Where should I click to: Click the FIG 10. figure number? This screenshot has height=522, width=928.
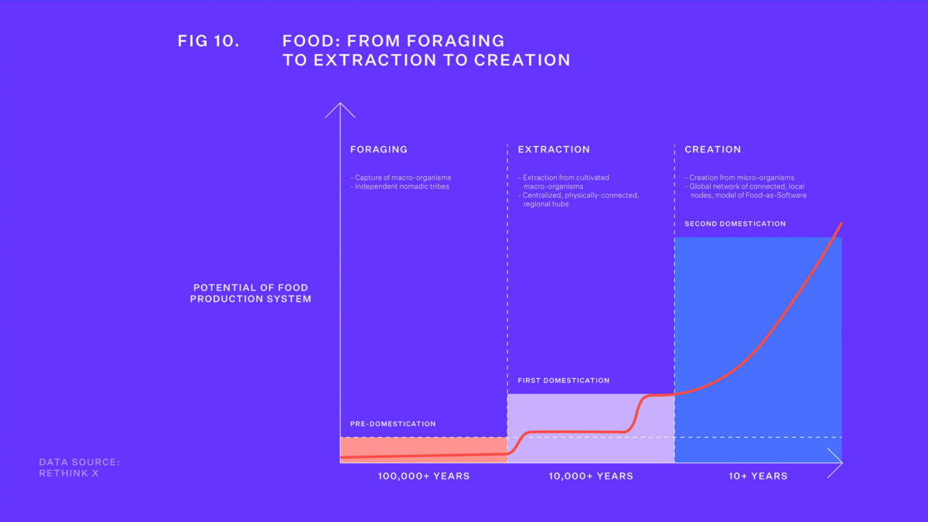(x=208, y=41)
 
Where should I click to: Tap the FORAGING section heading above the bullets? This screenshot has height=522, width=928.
(x=378, y=149)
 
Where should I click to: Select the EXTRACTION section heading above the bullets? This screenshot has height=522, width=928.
(x=554, y=149)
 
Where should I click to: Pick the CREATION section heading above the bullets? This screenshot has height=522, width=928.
(x=712, y=149)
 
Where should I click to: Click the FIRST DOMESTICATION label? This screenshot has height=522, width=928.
(x=563, y=380)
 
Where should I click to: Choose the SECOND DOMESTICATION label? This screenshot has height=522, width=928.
(x=735, y=223)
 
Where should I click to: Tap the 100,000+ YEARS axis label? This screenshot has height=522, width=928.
(x=424, y=476)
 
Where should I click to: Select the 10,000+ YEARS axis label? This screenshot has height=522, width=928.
(x=591, y=476)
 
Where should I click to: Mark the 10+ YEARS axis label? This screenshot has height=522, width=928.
(x=758, y=476)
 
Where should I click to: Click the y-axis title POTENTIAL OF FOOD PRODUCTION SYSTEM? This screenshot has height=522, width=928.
(x=251, y=293)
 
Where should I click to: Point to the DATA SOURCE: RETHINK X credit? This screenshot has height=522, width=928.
(x=80, y=467)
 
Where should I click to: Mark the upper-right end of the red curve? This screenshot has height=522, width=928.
(x=840, y=223)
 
